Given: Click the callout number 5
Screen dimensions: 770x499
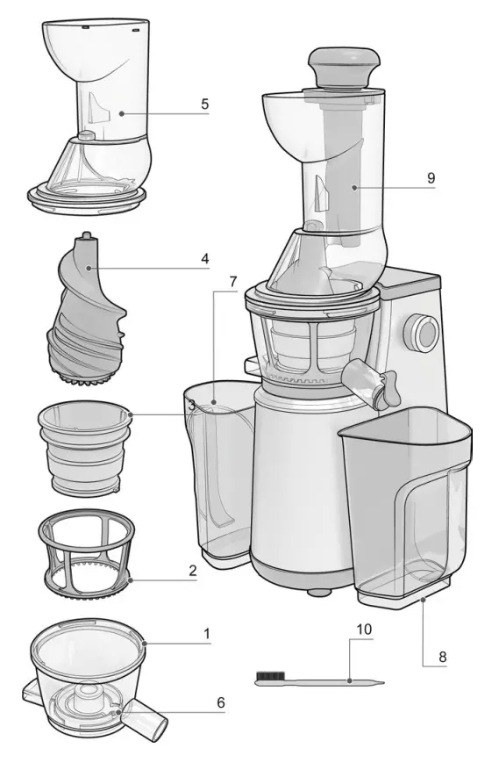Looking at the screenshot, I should click(204, 104).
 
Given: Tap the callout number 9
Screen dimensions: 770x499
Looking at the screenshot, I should click(431, 177).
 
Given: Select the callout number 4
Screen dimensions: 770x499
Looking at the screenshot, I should click(204, 259).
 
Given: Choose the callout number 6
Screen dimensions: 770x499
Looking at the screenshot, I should click(220, 702).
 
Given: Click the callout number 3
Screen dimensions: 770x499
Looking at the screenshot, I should click(191, 405).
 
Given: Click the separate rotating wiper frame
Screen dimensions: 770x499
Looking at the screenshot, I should click(84, 556).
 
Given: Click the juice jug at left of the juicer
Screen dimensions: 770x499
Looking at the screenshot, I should click(215, 474).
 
